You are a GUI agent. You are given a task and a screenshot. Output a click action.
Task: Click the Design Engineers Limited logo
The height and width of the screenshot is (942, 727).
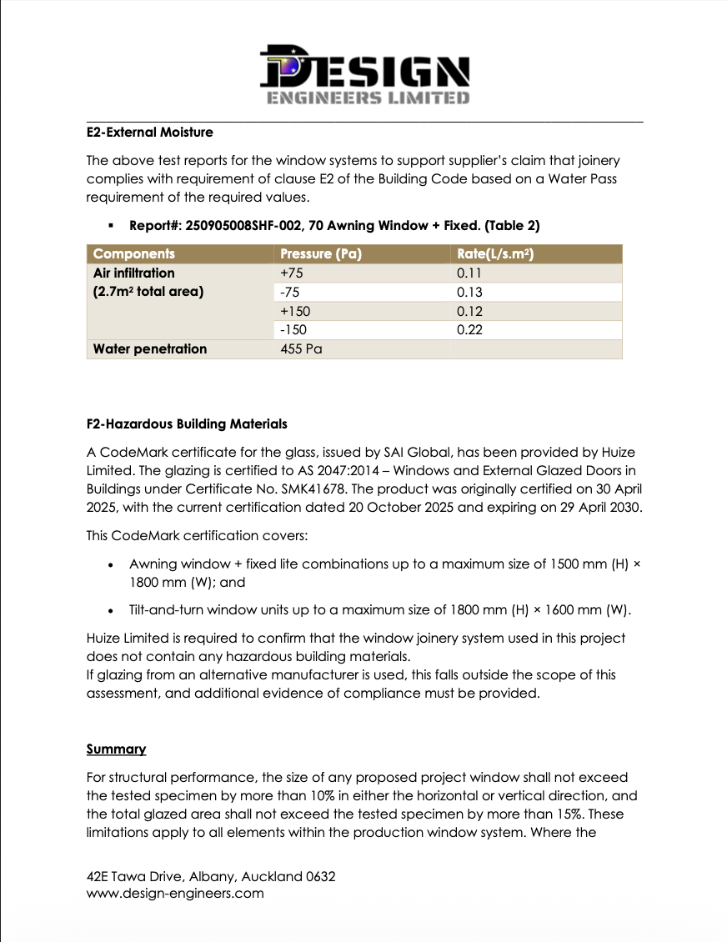[363, 74]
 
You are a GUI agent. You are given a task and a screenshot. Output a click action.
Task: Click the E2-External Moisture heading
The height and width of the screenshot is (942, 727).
[150, 132]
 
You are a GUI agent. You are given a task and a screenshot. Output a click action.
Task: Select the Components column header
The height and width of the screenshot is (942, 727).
[134, 254]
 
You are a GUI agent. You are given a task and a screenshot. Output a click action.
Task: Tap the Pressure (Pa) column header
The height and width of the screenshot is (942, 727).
[321, 254]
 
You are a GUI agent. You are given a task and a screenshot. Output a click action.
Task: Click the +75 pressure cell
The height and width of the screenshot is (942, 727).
[293, 273]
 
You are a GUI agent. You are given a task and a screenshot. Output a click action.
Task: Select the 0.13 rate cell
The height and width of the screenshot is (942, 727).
[470, 293]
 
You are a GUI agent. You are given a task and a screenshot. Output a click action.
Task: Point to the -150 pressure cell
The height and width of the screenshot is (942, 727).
[293, 330]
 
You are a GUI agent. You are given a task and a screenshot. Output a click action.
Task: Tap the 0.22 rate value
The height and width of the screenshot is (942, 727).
[470, 330]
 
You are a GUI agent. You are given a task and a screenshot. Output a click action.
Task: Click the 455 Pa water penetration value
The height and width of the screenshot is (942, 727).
[301, 349]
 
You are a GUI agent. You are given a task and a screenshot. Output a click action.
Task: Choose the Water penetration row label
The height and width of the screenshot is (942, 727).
[150, 349]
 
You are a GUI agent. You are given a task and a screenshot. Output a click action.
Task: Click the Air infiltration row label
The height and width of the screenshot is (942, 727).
[134, 273]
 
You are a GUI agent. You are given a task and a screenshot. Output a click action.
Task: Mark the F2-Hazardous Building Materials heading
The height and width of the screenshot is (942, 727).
[187, 423]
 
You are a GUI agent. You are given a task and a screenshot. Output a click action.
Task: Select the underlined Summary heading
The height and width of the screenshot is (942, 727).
[117, 749]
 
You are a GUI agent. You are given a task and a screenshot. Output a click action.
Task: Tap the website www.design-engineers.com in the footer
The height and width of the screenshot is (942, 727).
[175, 893]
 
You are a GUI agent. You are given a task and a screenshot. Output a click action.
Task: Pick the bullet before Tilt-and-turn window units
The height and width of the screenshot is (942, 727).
[111, 610]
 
